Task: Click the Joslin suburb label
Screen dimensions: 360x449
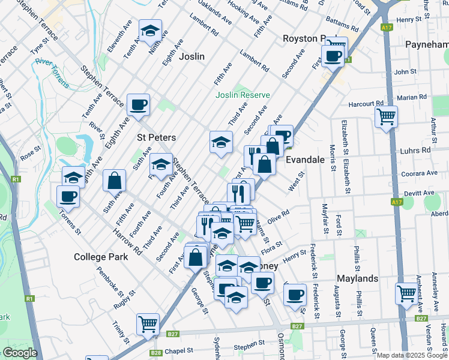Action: (191, 56)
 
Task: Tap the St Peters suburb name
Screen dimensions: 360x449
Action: (157, 137)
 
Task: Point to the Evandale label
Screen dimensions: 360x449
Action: (305, 160)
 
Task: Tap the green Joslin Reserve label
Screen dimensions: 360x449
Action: (243, 95)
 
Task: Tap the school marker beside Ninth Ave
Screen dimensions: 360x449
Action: (150, 31)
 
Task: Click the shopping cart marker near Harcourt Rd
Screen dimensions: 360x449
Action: (386, 116)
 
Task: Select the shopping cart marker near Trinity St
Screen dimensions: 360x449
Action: (148, 324)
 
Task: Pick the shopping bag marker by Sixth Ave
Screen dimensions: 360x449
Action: (114, 180)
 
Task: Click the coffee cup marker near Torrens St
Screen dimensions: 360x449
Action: (68, 196)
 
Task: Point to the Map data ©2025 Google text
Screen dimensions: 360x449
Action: (412, 355)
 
